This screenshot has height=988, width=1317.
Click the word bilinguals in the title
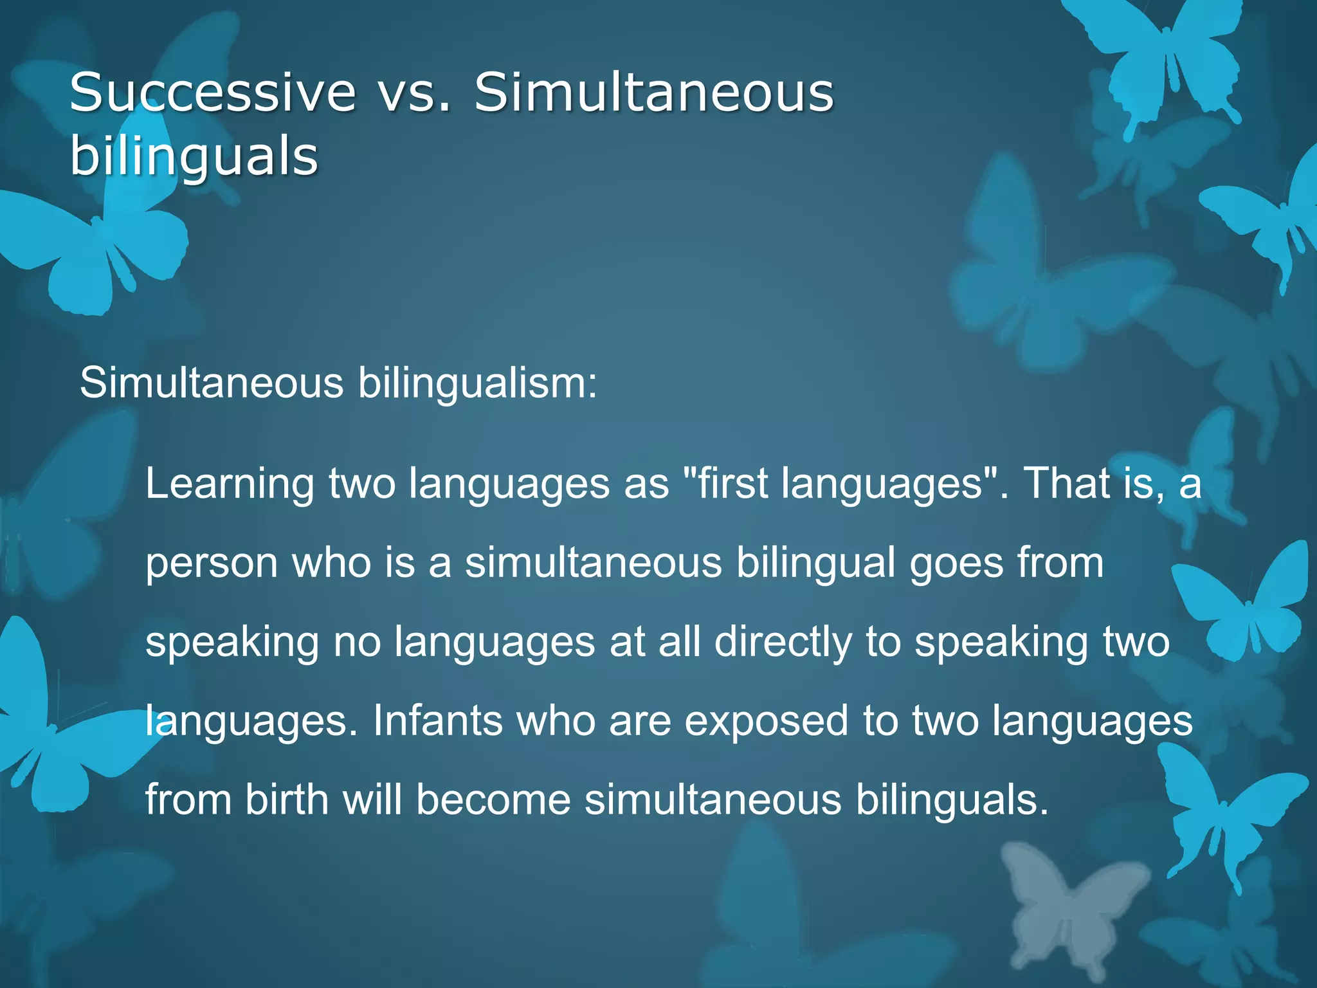pos(194,156)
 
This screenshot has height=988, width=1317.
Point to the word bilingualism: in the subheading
pos(477,383)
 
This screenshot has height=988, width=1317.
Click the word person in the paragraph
pos(212,563)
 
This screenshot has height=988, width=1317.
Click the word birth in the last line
pos(286,800)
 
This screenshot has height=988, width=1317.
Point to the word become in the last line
pos(493,800)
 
